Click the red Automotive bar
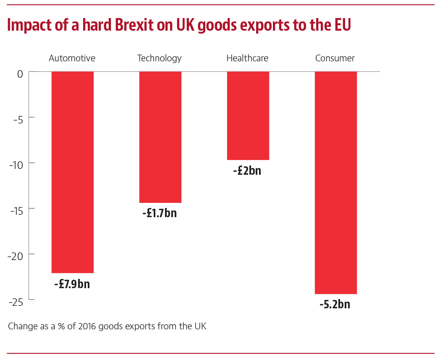tap(72, 172)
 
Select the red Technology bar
tap(160, 137)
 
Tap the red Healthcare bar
tap(248, 116)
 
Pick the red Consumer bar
tap(335, 183)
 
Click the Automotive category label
tap(72, 58)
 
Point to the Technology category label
tap(160, 58)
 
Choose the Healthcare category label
tap(247, 58)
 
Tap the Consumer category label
tap(335, 58)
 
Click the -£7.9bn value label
tap(72, 284)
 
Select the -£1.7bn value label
tap(160, 213)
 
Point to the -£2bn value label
tap(247, 171)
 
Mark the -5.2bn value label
tap(335, 304)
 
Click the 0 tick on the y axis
tap(20, 74)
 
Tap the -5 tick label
tap(18, 119)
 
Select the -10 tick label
tap(16, 165)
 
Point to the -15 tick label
tap(16, 210)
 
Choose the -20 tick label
tap(16, 256)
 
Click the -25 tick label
tap(16, 302)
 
